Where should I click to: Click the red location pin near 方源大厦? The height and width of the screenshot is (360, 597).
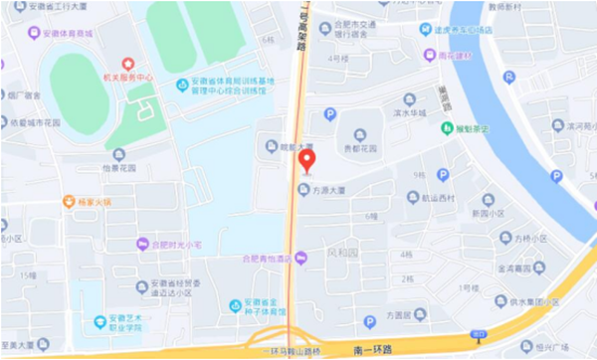click(307, 159)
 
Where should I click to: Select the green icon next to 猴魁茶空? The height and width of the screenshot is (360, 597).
click(447, 127)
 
